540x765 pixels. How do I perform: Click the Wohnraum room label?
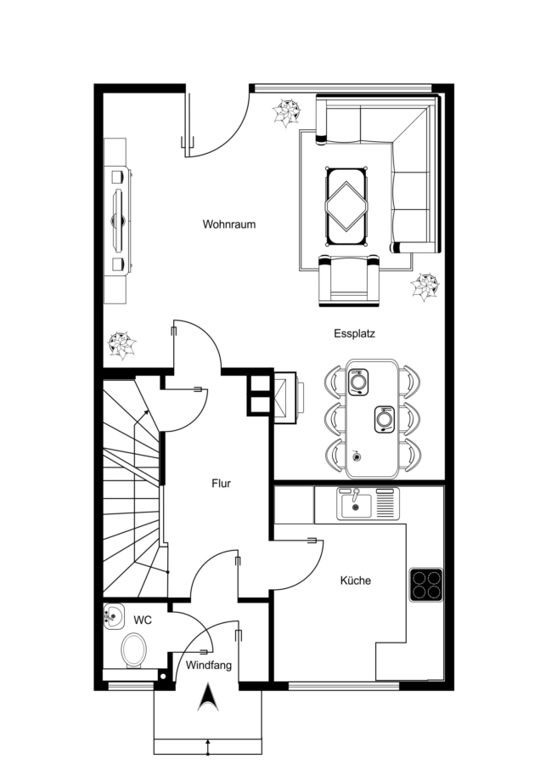(229, 224)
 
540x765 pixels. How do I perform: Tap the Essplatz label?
(354, 334)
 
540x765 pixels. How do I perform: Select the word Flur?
(221, 484)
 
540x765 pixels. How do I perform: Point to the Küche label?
(355, 581)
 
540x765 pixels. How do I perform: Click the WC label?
(143, 620)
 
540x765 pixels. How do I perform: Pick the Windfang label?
(209, 666)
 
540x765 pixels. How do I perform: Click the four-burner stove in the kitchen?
(426, 585)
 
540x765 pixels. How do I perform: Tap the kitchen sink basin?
(356, 506)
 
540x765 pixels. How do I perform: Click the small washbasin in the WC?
(114, 616)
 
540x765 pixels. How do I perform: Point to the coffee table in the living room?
(346, 207)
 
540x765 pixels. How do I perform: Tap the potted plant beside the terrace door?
(286, 113)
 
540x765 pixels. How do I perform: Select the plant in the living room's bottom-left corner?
(121, 345)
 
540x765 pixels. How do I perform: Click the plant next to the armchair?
(425, 286)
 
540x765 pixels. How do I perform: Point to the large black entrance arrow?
(208, 697)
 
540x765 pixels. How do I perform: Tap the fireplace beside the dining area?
(289, 398)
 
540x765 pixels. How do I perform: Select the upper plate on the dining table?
(358, 381)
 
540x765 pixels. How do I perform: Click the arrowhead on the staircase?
(147, 413)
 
